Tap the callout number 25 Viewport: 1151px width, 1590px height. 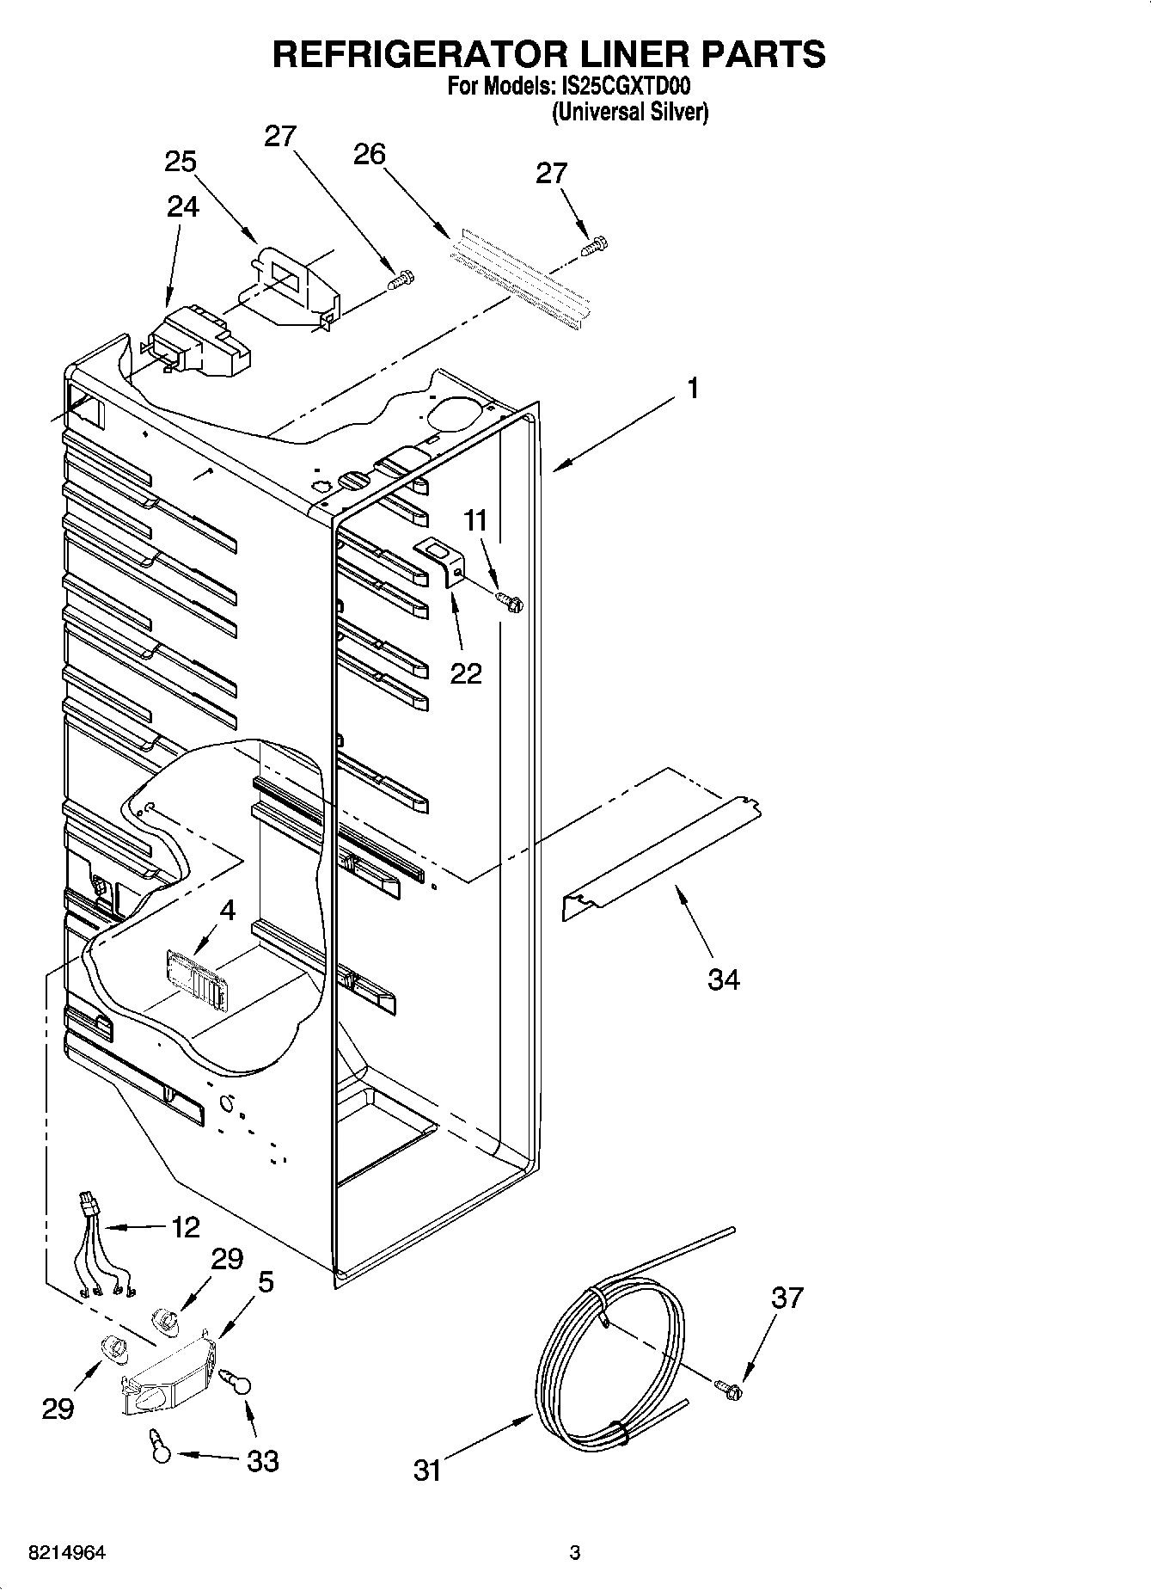181,162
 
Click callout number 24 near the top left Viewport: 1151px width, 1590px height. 182,207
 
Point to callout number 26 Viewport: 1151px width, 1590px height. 370,154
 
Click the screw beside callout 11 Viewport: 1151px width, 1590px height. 511,603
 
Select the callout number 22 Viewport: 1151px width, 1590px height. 466,673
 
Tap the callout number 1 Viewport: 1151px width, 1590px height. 693,389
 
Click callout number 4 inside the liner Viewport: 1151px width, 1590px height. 227,910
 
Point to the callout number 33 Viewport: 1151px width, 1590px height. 263,1460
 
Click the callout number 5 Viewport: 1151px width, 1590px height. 266,1282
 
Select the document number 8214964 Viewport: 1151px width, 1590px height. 68,1553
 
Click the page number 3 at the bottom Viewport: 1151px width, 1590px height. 575,1553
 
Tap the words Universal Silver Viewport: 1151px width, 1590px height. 629,112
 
